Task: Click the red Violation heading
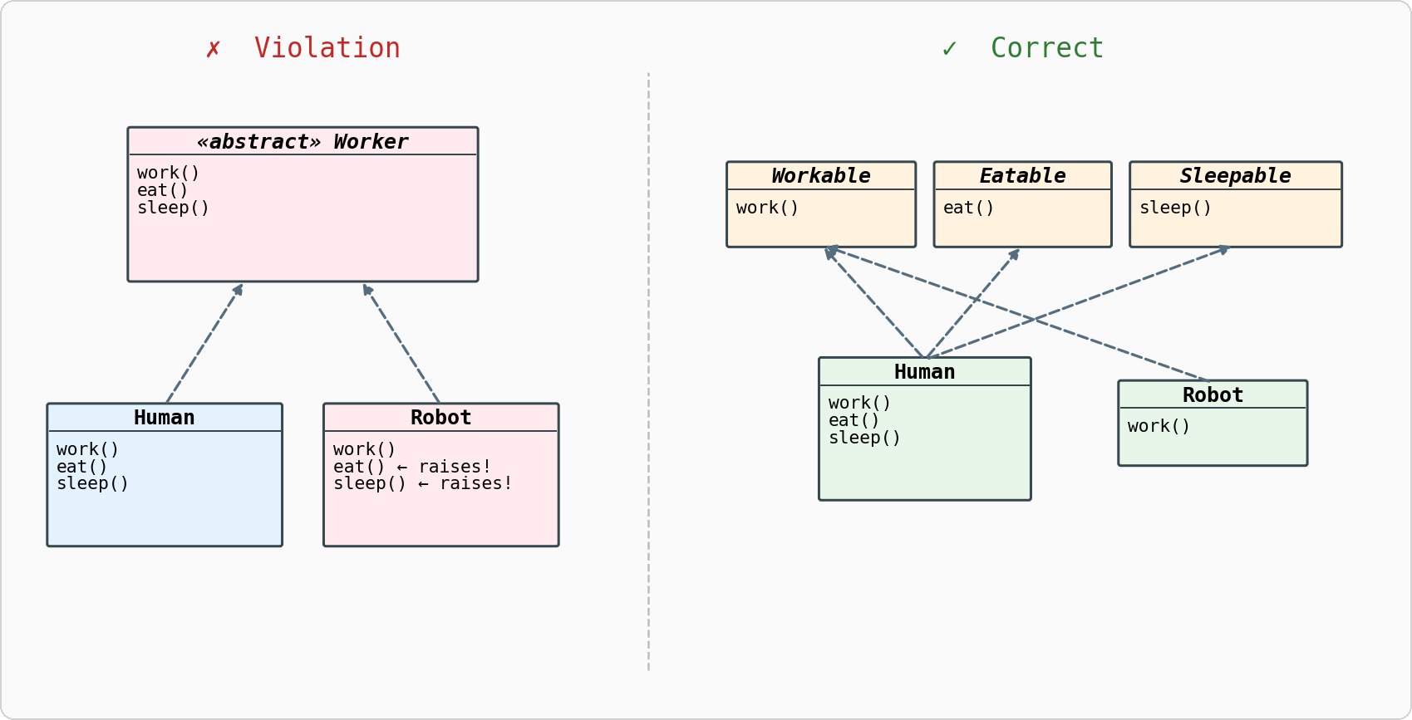click(327, 48)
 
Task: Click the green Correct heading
click(1046, 48)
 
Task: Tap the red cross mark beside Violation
click(214, 49)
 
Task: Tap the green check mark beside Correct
click(949, 49)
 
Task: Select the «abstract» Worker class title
click(303, 142)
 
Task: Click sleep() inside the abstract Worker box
click(173, 208)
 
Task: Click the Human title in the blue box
click(165, 418)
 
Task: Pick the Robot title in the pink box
click(440, 418)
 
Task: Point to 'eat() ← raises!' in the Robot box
click(412, 467)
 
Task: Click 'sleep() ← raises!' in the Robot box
click(422, 483)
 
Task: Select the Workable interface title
click(820, 176)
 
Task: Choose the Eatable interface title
click(1022, 176)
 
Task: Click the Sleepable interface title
click(1235, 176)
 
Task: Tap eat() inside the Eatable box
click(968, 208)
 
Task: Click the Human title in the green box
click(924, 372)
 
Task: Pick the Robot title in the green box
click(1213, 395)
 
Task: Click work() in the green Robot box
click(1159, 426)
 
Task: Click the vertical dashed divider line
click(648, 374)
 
